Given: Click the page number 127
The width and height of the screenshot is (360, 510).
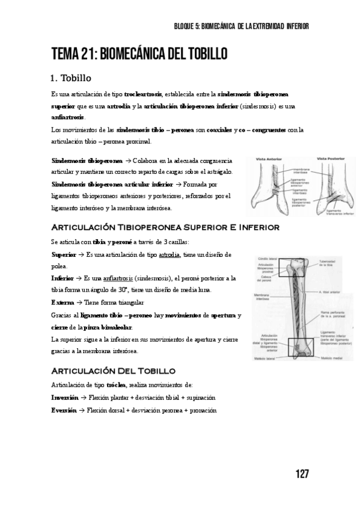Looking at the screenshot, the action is [302, 474].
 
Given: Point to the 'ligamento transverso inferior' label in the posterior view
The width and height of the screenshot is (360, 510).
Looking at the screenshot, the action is [338, 212].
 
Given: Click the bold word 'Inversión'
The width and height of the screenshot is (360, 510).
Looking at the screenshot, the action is [64, 398].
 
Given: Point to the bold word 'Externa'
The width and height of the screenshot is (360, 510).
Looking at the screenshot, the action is [63, 303].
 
